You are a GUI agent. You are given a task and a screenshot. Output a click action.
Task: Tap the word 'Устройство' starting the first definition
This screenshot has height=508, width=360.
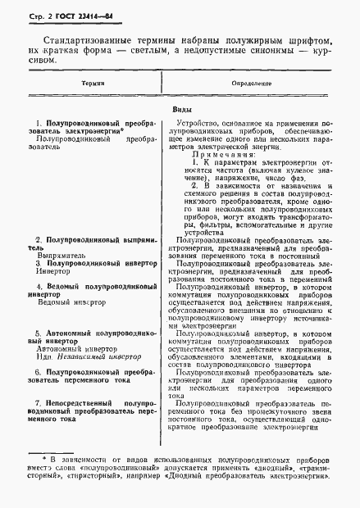click(x=208, y=121)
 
